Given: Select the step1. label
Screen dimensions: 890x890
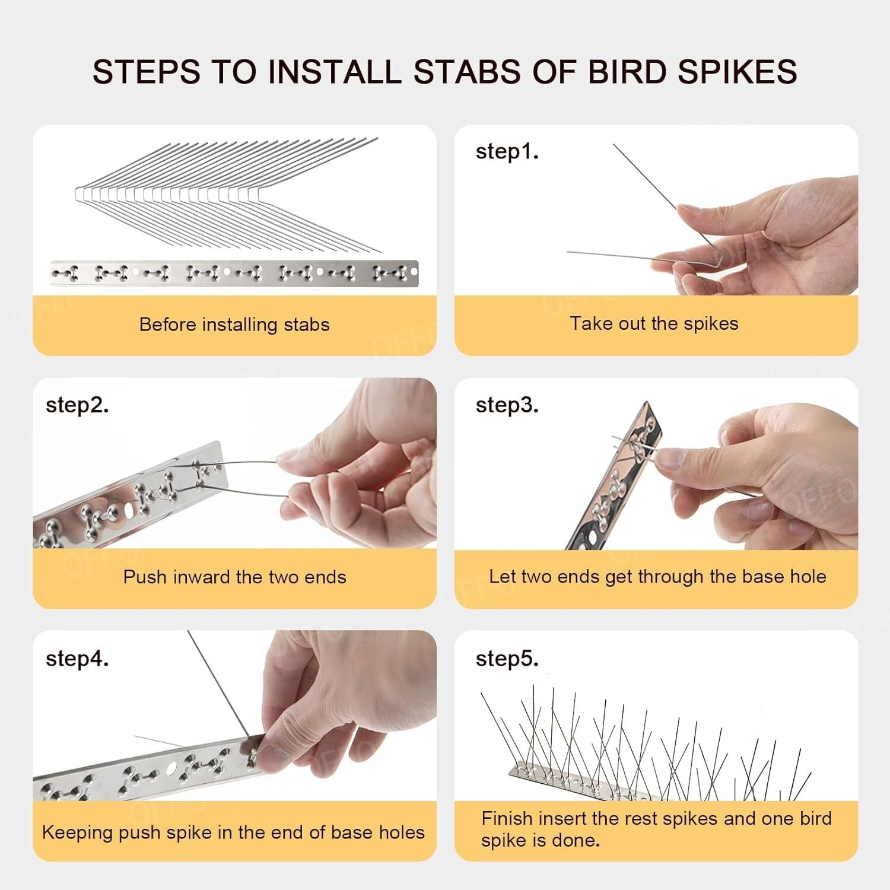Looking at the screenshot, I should (507, 151).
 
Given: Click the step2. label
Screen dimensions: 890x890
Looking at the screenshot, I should (77, 405).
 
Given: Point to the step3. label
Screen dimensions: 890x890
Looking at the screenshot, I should (507, 405).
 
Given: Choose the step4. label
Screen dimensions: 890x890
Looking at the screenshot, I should (77, 658).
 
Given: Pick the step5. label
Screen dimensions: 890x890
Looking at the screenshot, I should (507, 658).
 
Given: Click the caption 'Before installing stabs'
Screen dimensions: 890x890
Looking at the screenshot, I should (234, 325).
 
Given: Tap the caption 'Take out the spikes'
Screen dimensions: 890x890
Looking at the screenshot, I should (654, 323).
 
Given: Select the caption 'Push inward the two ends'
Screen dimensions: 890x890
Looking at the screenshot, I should (234, 577).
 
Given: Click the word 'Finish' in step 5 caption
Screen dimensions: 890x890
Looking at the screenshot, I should (507, 819).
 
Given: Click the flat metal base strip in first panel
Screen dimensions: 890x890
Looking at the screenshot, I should (234, 273).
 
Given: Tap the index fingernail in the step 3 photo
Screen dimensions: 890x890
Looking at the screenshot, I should (669, 457).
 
